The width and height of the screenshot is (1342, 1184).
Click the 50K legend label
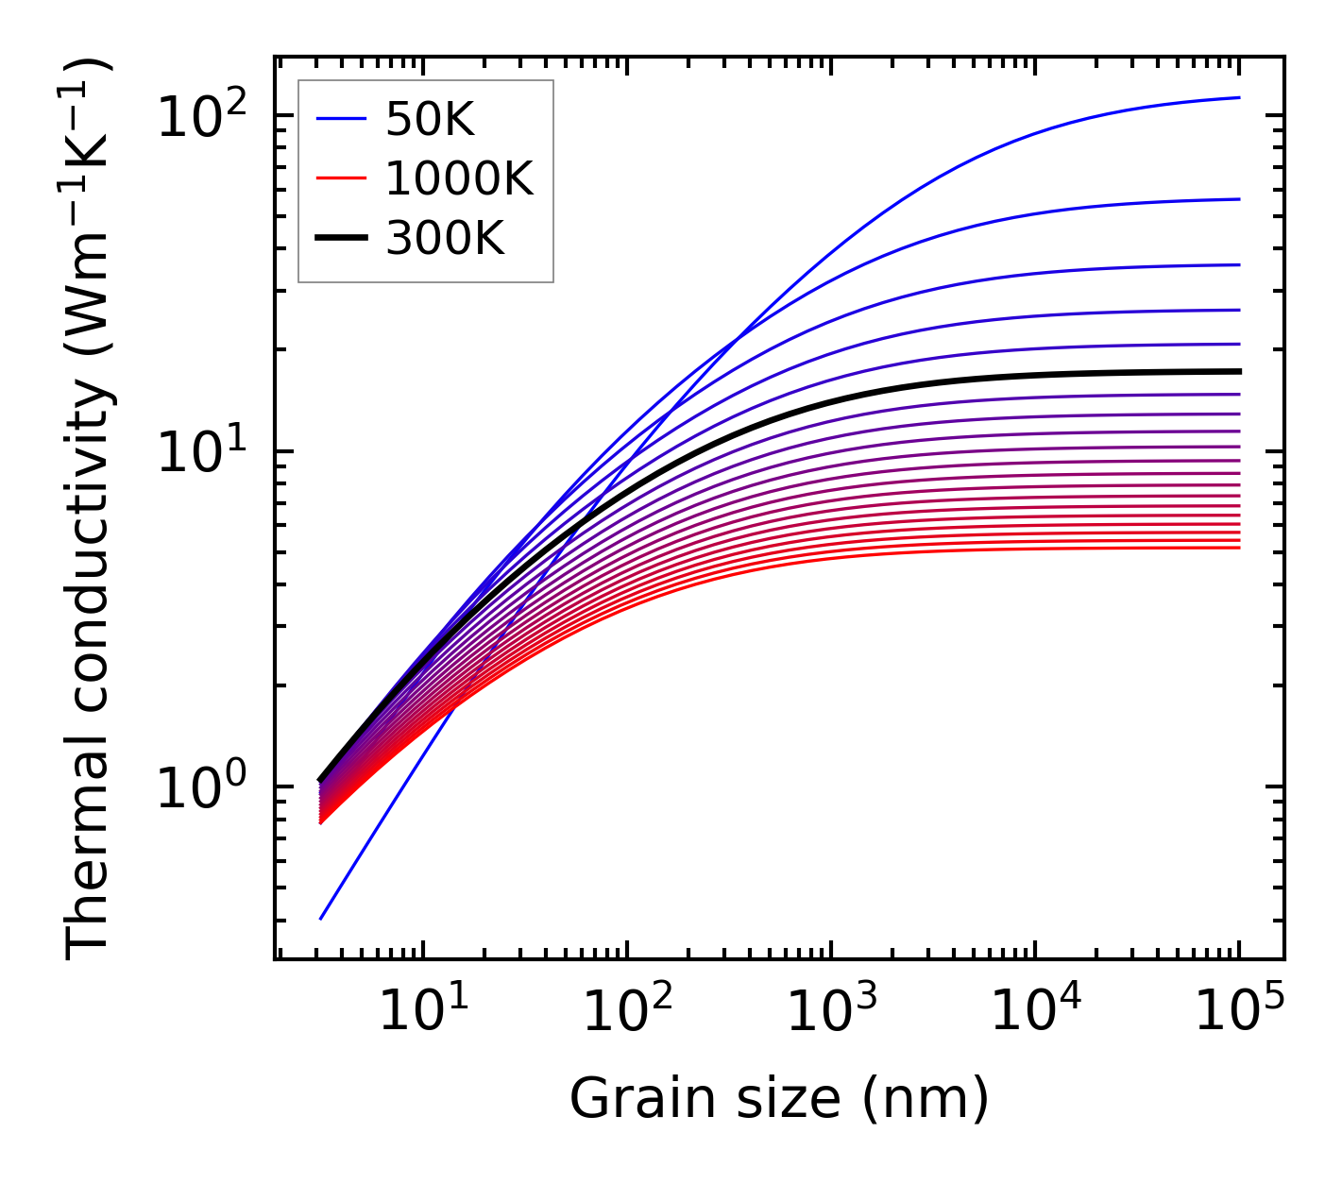[430, 119]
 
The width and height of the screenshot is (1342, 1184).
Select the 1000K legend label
[459, 179]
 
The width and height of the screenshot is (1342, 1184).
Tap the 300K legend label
[445, 239]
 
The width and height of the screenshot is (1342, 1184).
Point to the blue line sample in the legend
[340, 119]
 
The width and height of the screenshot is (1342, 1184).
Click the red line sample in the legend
[340, 178]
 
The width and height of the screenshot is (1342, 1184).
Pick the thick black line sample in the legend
[340, 239]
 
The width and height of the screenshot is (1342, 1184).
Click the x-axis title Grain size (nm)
[779, 1098]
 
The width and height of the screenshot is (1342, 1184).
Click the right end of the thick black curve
[1238, 371]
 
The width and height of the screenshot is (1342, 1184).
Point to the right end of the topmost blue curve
[1238, 97]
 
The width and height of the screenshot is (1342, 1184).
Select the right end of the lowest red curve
[1238, 548]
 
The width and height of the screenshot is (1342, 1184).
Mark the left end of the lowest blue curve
[321, 918]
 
